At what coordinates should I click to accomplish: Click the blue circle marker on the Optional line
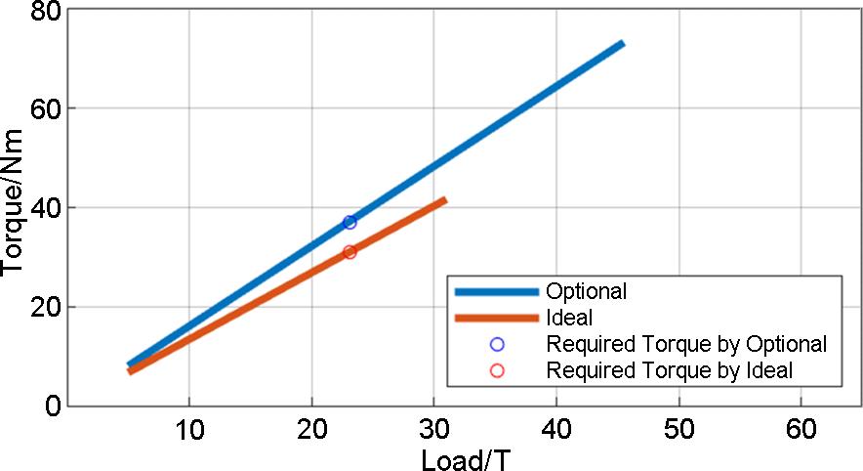(x=349, y=223)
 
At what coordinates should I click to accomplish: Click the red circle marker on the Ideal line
(x=349, y=252)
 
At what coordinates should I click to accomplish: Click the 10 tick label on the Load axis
(x=188, y=430)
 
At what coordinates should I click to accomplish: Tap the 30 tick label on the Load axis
(x=433, y=430)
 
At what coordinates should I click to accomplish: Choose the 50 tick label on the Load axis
(x=678, y=430)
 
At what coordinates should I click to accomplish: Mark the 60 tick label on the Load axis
(x=801, y=430)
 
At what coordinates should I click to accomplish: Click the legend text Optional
(x=586, y=291)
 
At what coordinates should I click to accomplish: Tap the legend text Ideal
(x=570, y=318)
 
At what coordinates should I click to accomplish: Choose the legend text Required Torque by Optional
(x=686, y=344)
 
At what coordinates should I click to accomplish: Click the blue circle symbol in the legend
(x=497, y=344)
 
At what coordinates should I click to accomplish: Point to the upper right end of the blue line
(x=622, y=44)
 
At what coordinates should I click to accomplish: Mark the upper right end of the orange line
(x=444, y=200)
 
